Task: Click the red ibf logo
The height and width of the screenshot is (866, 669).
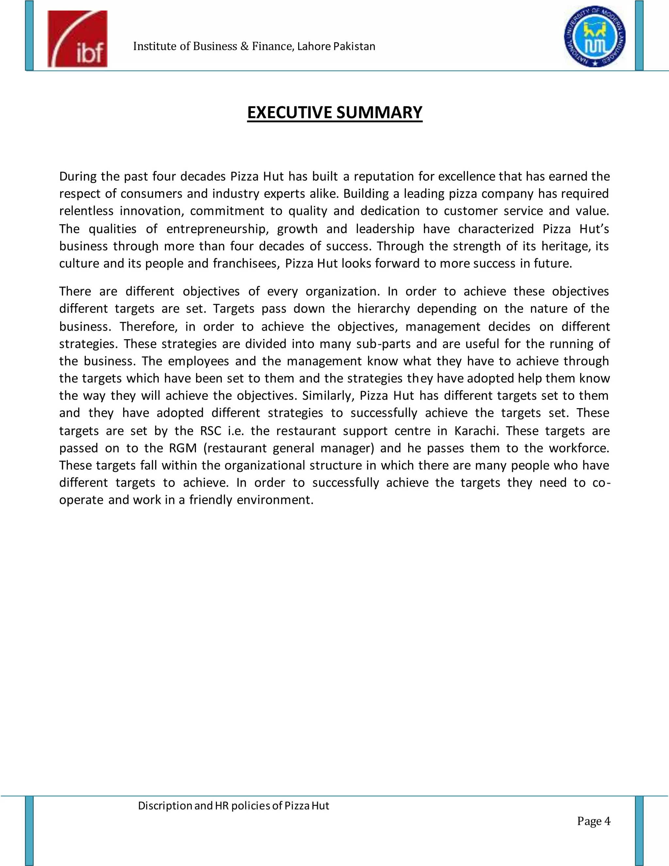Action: click(77, 39)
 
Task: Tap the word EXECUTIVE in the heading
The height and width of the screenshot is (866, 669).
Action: click(290, 113)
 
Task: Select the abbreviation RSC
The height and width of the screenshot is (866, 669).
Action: click(210, 431)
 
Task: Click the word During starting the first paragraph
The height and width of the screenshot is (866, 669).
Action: click(78, 176)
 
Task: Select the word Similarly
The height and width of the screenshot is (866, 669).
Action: click(327, 396)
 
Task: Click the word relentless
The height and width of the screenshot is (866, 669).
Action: click(86, 211)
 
